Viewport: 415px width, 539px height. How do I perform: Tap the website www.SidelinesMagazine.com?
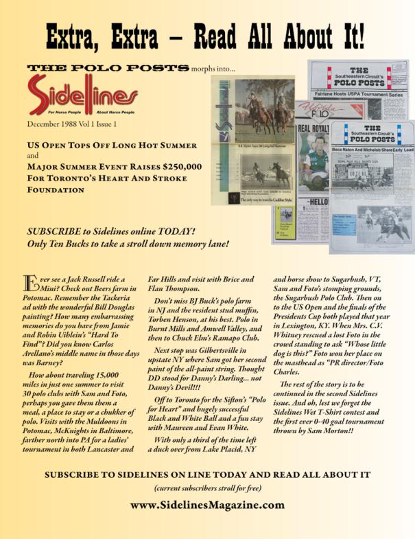(207, 504)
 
